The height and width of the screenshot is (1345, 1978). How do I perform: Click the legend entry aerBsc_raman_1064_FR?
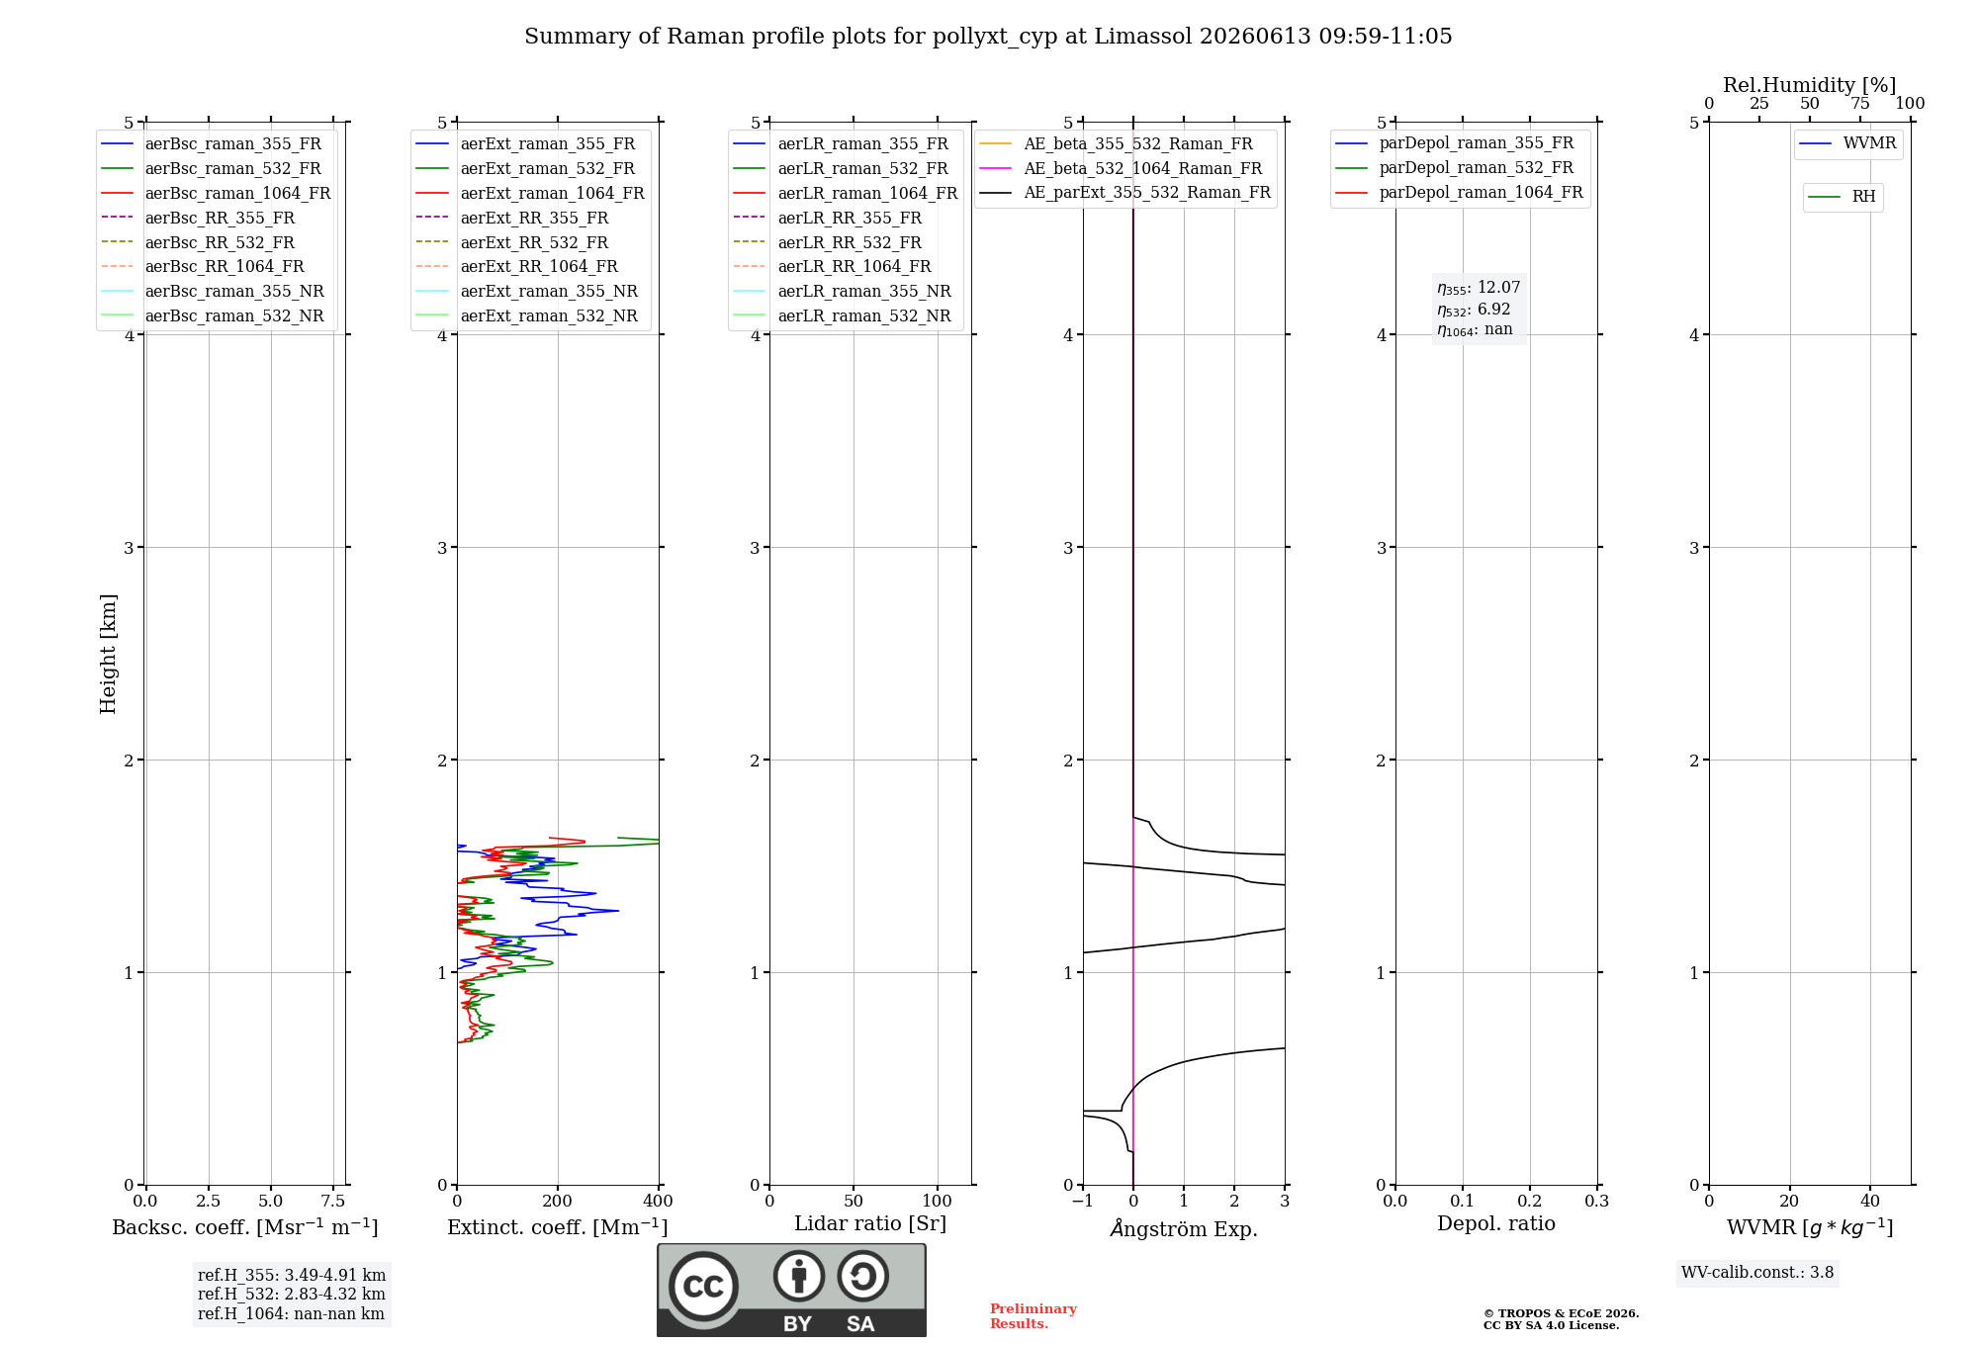(x=216, y=193)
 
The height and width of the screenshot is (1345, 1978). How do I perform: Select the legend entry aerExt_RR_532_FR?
(x=512, y=242)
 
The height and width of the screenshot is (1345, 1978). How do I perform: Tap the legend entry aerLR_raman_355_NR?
(x=842, y=291)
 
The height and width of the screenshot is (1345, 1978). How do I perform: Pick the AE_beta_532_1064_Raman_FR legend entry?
(x=1121, y=168)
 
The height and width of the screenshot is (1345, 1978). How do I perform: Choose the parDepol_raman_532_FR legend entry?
(x=1454, y=167)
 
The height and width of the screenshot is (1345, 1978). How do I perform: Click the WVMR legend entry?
(x=1847, y=143)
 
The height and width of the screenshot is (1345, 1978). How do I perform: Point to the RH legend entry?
(x=1842, y=197)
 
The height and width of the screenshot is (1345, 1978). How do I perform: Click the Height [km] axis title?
(x=108, y=654)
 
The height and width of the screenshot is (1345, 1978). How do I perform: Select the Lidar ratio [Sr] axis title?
(x=870, y=1223)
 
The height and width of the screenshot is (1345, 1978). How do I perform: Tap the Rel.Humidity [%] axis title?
(x=1810, y=85)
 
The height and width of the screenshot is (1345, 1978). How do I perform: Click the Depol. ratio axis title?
(x=1496, y=1223)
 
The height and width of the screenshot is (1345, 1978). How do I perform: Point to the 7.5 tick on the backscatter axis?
(x=333, y=1201)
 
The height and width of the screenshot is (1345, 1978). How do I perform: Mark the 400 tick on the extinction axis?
(x=659, y=1201)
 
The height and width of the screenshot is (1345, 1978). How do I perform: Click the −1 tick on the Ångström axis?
(x=1083, y=1201)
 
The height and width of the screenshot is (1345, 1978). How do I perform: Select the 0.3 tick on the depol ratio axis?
(x=1597, y=1201)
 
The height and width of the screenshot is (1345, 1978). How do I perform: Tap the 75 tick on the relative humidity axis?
(x=1860, y=103)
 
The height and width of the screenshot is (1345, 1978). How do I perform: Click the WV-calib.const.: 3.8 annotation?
(x=1757, y=1272)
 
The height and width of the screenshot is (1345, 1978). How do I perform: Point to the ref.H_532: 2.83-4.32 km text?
(x=292, y=1294)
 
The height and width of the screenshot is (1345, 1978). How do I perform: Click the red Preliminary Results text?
(x=1034, y=1316)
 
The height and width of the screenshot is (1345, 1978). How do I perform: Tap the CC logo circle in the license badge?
(x=703, y=1286)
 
